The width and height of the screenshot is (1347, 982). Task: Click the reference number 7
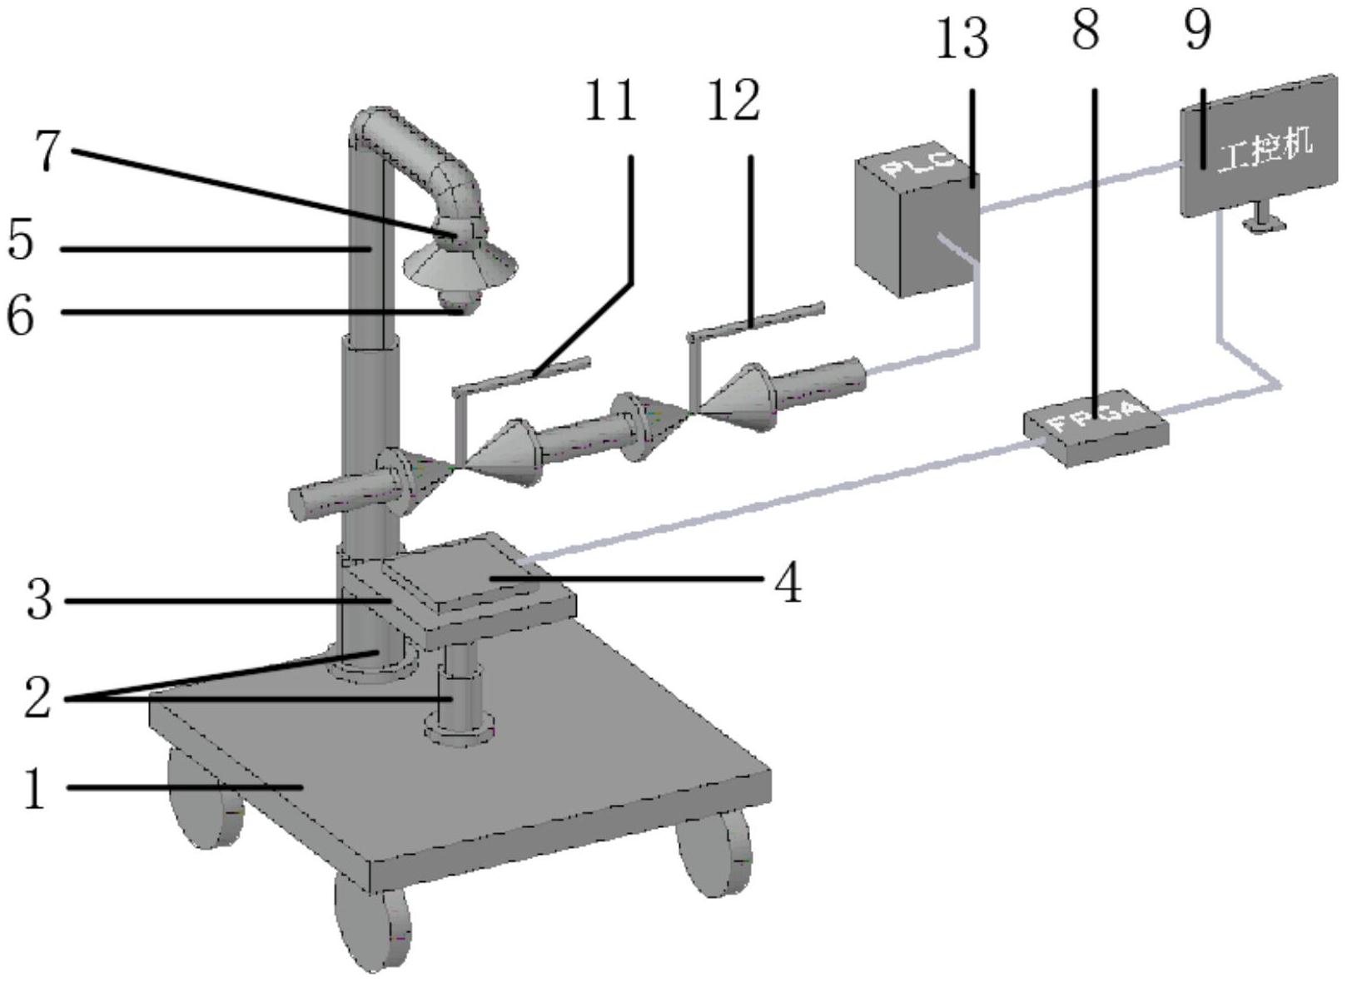(x=47, y=151)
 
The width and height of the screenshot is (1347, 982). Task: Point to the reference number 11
(x=610, y=102)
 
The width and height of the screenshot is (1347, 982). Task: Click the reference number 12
(x=733, y=102)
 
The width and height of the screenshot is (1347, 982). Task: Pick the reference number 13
(x=962, y=39)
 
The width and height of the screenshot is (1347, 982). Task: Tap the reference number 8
(x=1086, y=31)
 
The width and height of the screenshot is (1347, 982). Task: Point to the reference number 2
(x=37, y=697)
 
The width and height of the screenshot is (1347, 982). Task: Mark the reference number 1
(x=34, y=787)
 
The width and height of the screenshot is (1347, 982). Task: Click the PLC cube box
(x=916, y=225)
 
